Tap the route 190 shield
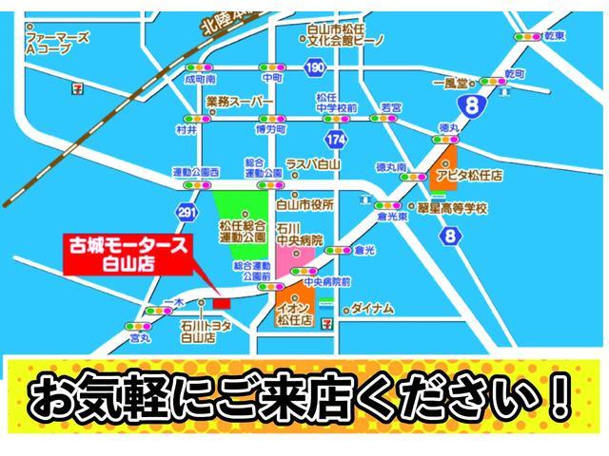click(315, 67)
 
